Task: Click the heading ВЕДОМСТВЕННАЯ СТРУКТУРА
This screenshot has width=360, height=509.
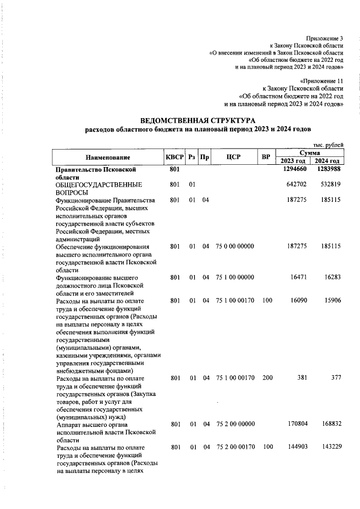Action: (x=197, y=120)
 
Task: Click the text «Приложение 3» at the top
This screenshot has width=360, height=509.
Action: (x=325, y=38)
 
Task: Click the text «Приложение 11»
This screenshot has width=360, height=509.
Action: (x=322, y=81)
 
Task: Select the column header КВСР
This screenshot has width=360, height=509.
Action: (x=174, y=156)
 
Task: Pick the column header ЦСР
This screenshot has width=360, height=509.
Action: (x=233, y=156)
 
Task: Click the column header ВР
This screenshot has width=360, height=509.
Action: (x=267, y=156)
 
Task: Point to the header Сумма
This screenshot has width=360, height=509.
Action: (x=310, y=153)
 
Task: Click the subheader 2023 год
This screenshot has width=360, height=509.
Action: (x=292, y=161)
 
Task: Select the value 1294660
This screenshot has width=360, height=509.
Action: (x=295, y=169)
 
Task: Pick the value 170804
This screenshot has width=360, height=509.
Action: (x=297, y=425)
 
